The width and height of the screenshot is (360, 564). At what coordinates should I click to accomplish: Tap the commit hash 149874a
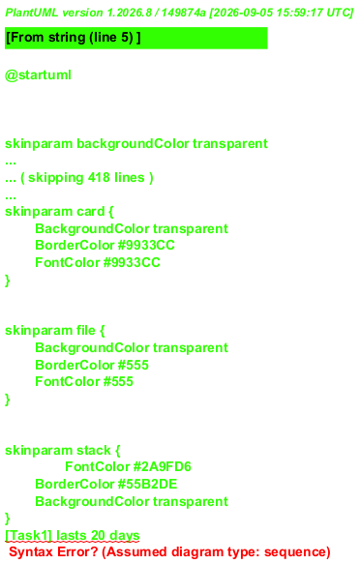tap(184, 13)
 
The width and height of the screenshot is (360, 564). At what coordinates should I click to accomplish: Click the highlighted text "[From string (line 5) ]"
tap(74, 38)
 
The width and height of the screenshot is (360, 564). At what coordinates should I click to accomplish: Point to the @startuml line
tap(38, 75)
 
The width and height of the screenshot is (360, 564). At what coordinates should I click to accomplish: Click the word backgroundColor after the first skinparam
tap(133, 143)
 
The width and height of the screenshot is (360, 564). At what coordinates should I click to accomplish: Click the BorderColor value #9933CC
tap(146, 246)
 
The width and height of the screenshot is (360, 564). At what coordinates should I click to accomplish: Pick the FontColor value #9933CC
tap(132, 262)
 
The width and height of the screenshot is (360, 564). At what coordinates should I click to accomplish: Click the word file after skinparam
tap(85, 331)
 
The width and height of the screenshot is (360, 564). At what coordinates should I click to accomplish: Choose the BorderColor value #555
tap(134, 365)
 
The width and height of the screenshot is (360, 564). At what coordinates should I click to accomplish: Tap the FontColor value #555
tap(118, 381)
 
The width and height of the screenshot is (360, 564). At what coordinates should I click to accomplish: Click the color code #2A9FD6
tap(163, 467)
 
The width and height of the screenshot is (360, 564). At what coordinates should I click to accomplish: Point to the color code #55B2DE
tap(147, 484)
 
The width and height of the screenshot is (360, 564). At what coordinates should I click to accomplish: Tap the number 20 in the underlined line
tap(98, 536)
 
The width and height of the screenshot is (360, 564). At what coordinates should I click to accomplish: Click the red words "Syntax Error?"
tap(53, 552)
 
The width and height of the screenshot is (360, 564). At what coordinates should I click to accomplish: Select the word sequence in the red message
tap(294, 552)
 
